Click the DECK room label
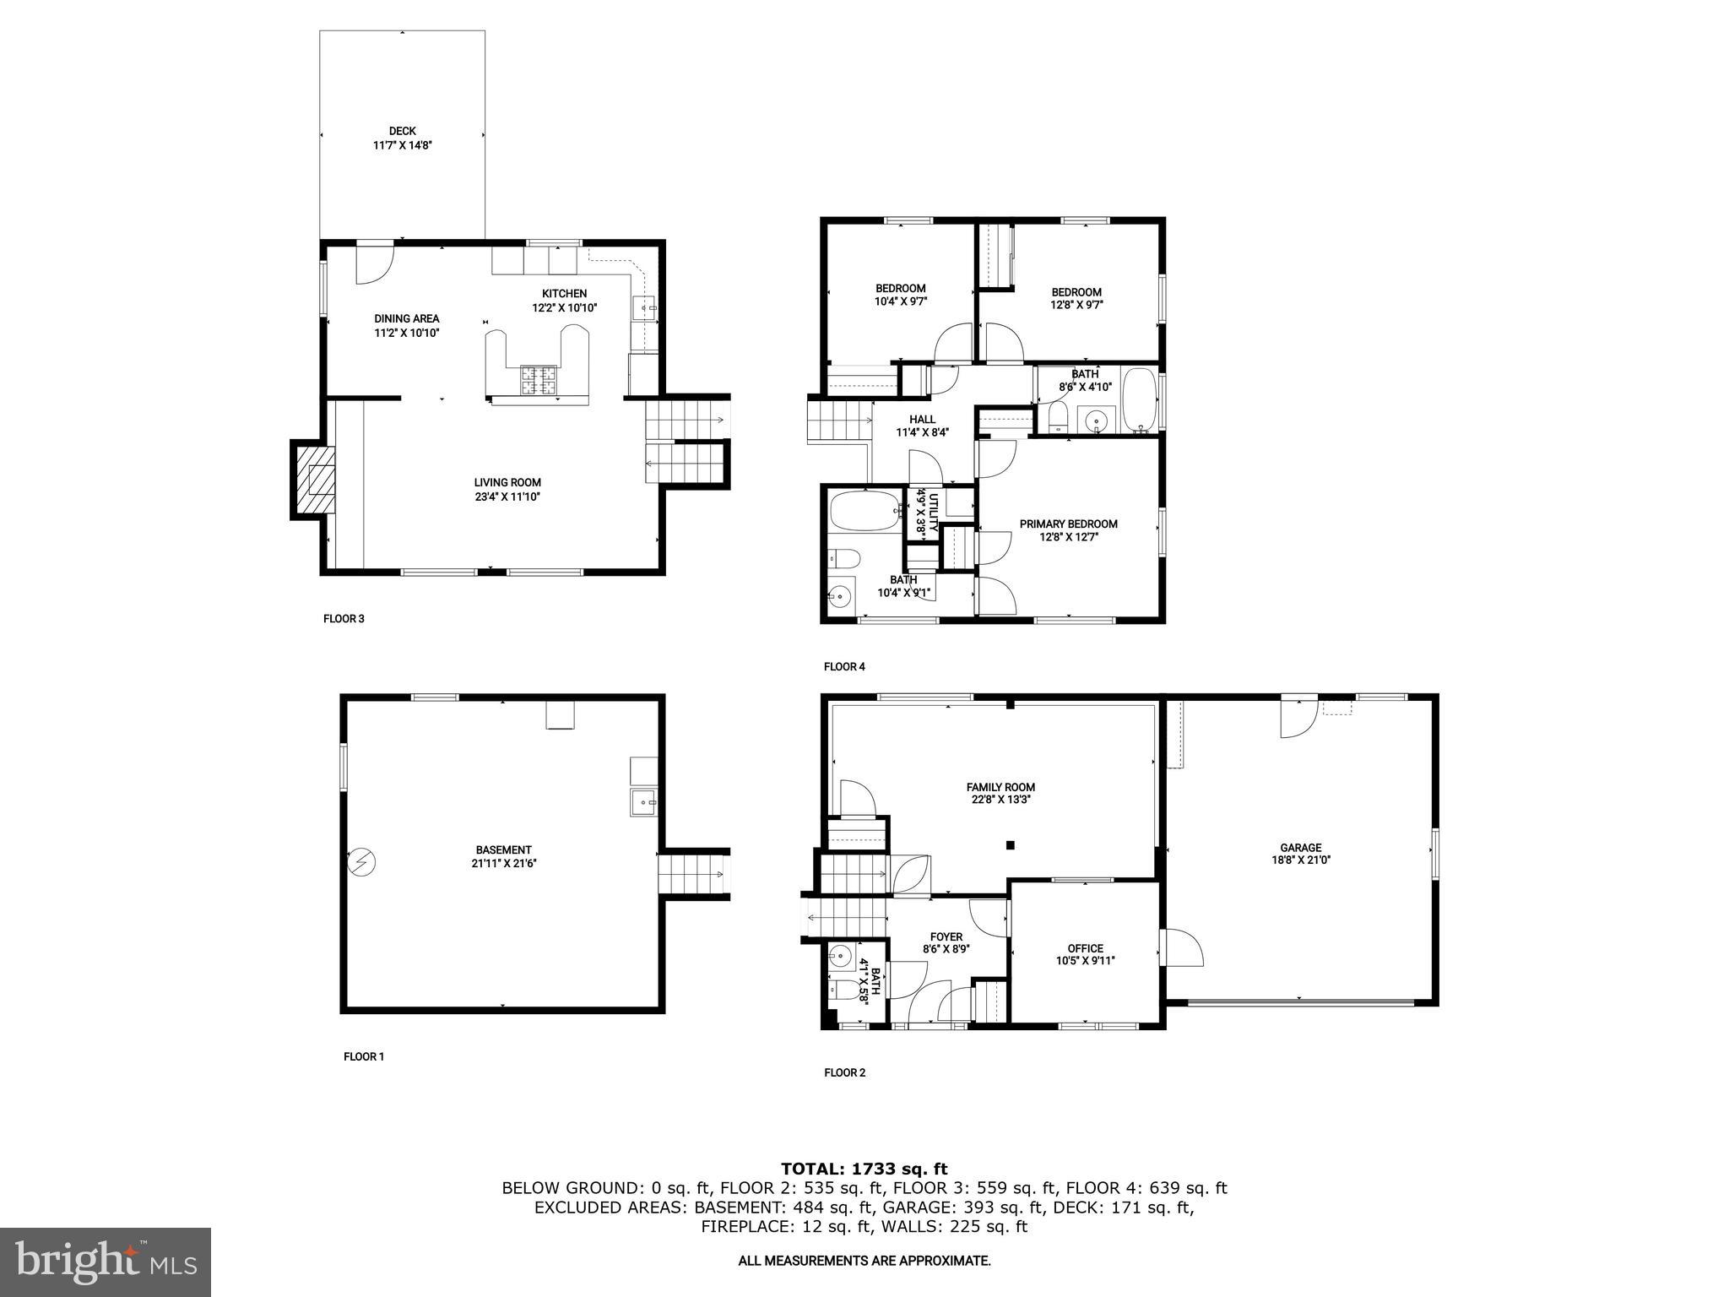tap(403, 131)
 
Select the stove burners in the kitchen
tap(539, 379)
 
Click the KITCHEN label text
tap(564, 293)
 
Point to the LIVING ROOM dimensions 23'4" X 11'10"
tap(507, 497)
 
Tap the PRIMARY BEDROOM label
tap(1068, 524)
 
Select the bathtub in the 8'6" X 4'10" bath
tap(1140, 400)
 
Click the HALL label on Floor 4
tap(922, 419)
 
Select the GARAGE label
tap(1300, 848)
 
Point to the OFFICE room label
tap(1085, 948)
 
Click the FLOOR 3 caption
tap(344, 619)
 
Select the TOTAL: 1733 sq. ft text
tap(864, 1169)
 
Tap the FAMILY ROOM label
tap(1000, 787)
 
